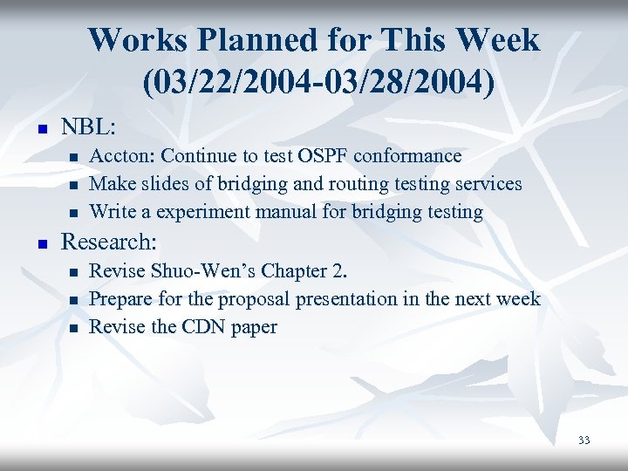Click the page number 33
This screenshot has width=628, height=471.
pos(584,440)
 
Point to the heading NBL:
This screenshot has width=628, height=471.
pos(88,126)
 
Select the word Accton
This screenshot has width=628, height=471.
pos(122,156)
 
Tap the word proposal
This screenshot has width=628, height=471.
pos(256,299)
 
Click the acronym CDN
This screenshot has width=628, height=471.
pos(201,327)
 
